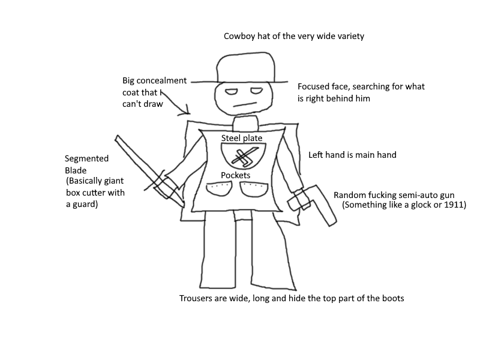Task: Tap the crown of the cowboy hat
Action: click(245, 68)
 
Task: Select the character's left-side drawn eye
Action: click(232, 92)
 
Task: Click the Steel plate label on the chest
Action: click(242, 138)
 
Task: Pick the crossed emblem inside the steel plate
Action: click(245, 157)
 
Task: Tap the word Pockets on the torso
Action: click(235, 175)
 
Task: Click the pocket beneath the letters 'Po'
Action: click(219, 189)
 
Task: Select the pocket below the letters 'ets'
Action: click(254, 190)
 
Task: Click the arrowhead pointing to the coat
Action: click(185, 112)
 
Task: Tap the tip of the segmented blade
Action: click(116, 137)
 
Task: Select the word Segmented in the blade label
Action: click(86, 158)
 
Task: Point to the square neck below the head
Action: click(245, 124)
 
